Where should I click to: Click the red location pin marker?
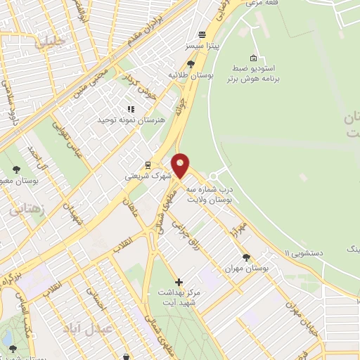[181, 165]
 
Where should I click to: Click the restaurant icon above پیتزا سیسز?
[202, 34]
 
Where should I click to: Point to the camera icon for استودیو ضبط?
[253, 58]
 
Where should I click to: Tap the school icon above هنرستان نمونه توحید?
[129, 109]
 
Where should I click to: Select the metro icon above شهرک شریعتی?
[148, 165]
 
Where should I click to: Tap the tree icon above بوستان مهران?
[245, 257]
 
